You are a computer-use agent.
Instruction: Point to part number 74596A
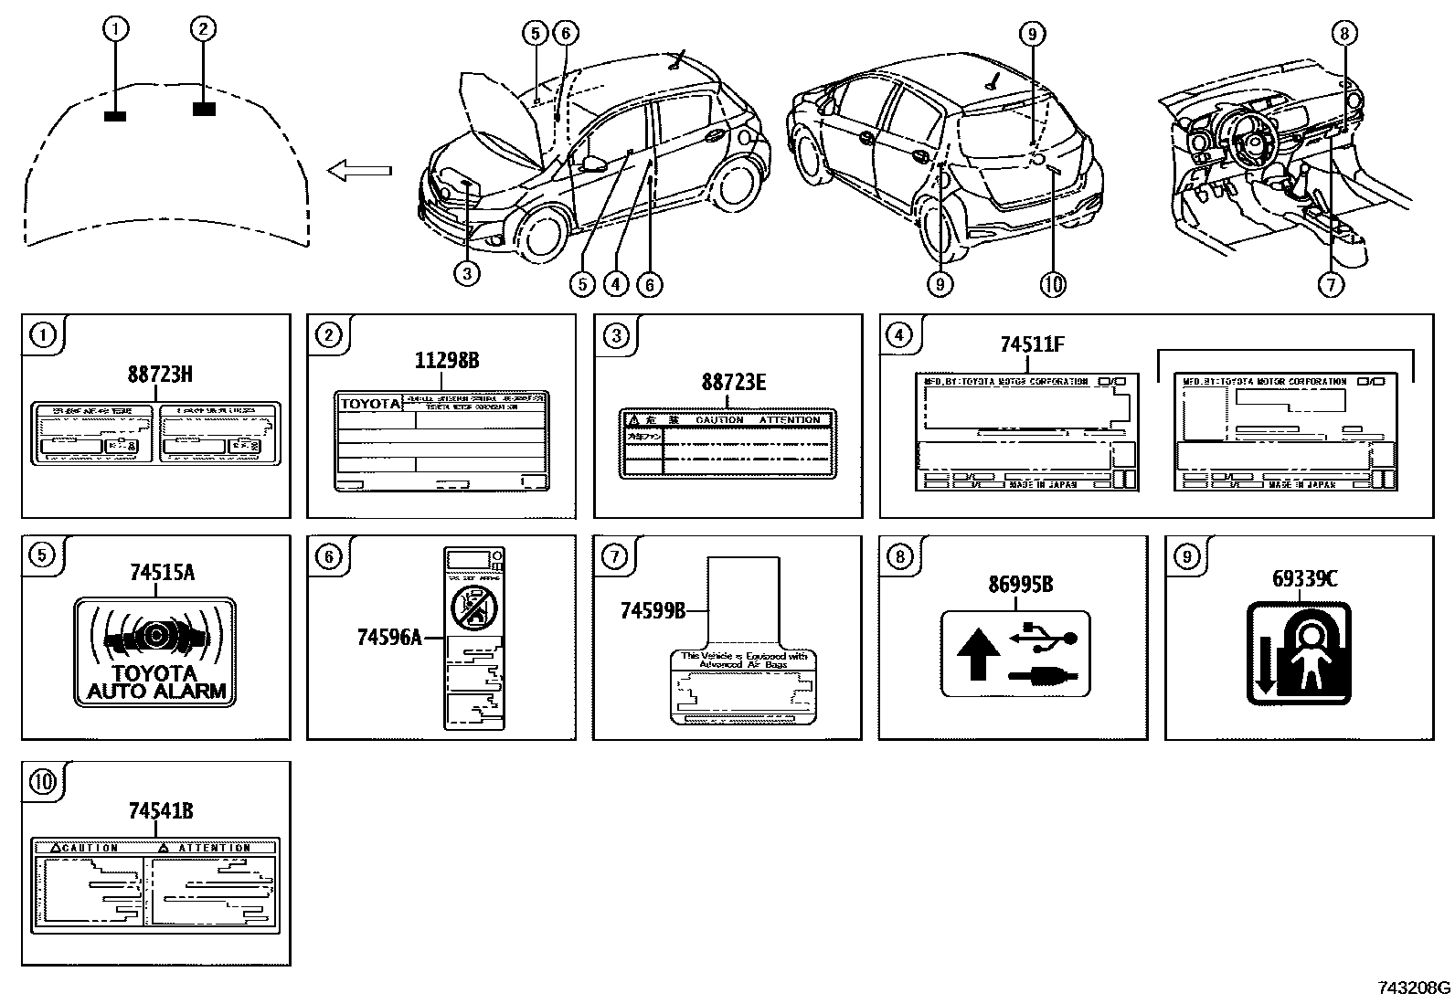coord(389,637)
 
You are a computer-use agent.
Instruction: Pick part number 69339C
coord(1304,578)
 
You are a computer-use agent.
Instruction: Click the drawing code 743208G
coord(1413,988)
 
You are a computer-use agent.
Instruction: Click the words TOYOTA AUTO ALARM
coord(155,682)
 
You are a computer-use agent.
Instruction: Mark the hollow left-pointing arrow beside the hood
coord(359,170)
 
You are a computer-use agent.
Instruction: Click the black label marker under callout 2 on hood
coord(205,110)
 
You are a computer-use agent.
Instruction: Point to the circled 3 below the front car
coord(466,272)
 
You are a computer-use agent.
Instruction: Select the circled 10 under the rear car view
coord(1052,284)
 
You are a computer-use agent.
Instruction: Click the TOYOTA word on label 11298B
coord(370,403)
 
